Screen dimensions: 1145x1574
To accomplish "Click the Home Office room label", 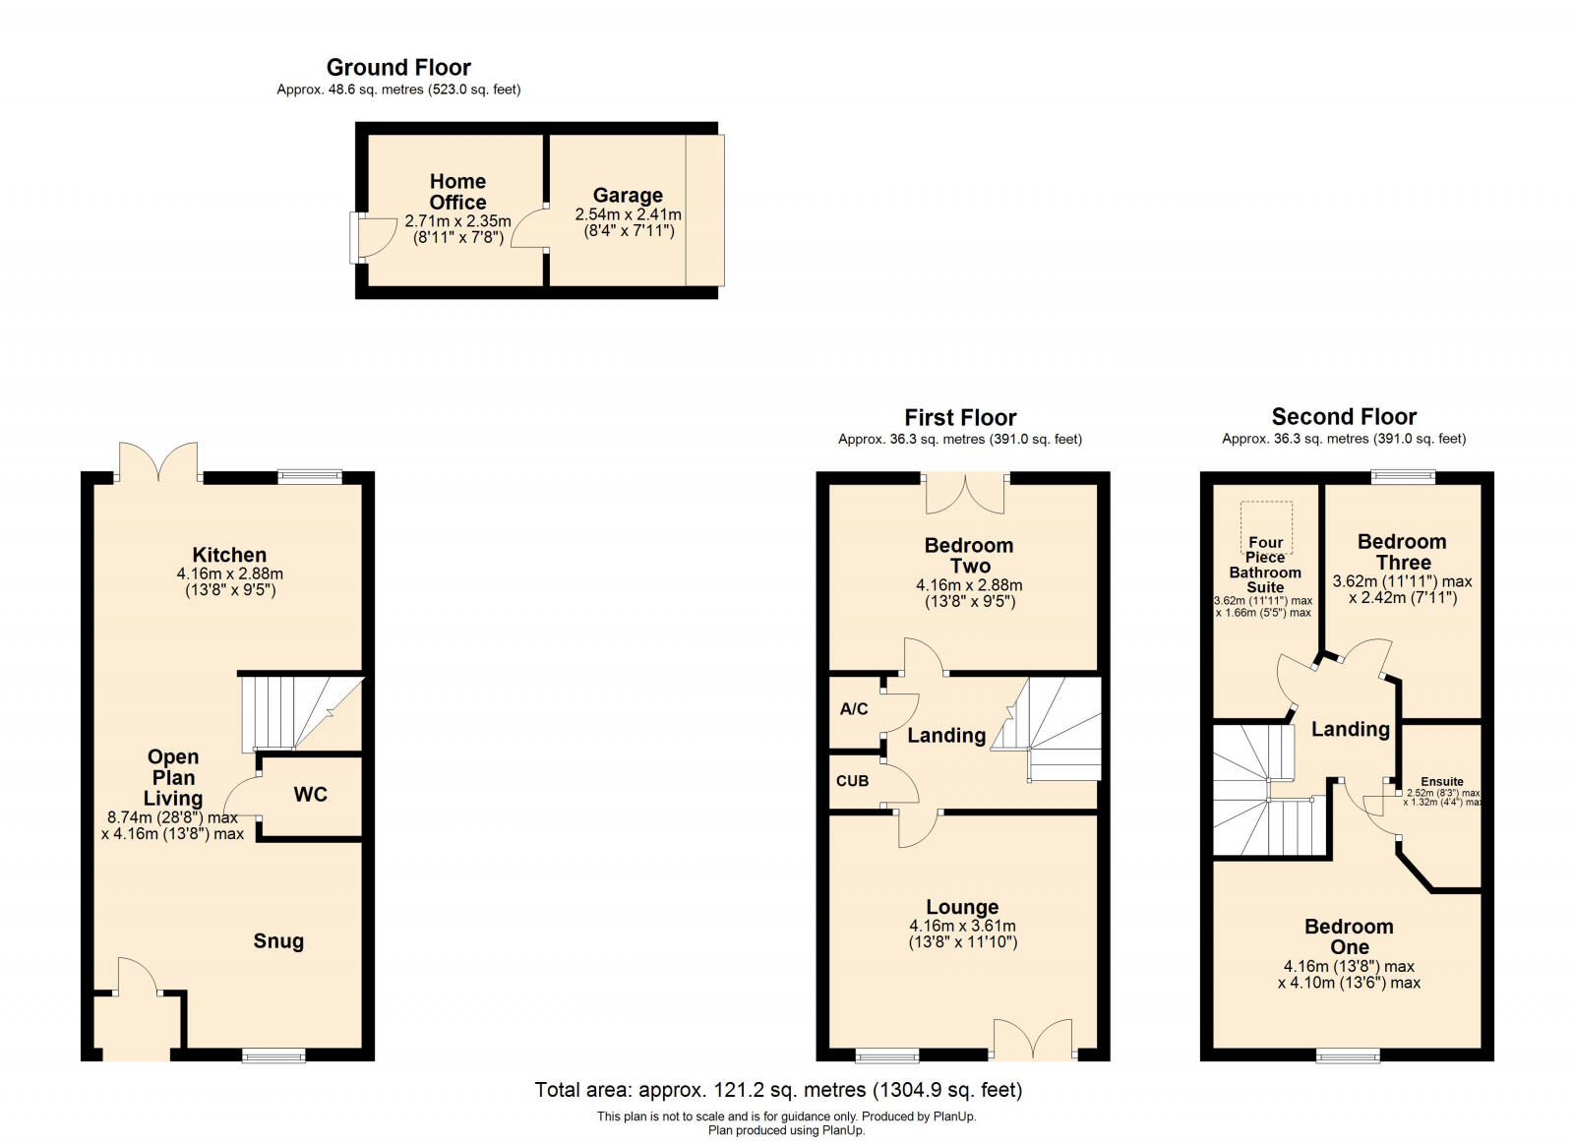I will pyautogui.click(x=457, y=192).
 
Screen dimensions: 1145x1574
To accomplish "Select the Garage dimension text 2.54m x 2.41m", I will pyautogui.click(x=628, y=214).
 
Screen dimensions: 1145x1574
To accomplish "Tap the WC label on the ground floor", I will pyautogui.click(x=310, y=795).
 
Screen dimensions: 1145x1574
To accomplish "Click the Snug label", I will pyautogui.click(x=278, y=941).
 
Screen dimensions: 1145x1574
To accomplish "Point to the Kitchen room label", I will pyautogui.click(x=229, y=555).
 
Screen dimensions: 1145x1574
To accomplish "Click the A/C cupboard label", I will pyautogui.click(x=854, y=709).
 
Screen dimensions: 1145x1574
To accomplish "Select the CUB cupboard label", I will pyautogui.click(x=852, y=781).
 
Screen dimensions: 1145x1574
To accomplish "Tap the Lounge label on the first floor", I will pyautogui.click(x=961, y=907).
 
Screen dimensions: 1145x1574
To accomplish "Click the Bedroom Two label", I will pyautogui.click(x=969, y=556).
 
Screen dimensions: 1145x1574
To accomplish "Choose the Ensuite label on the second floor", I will pyautogui.click(x=1441, y=782).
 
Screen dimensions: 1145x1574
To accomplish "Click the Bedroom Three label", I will pyautogui.click(x=1402, y=552).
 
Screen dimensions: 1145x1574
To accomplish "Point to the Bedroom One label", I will pyautogui.click(x=1349, y=936).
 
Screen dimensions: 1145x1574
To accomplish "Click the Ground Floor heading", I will pyautogui.click(x=398, y=68).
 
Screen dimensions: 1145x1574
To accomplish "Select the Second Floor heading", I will pyautogui.click(x=1344, y=417).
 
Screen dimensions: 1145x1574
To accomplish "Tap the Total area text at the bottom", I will pyautogui.click(x=778, y=1090).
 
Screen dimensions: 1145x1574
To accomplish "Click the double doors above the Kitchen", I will pyautogui.click(x=158, y=462).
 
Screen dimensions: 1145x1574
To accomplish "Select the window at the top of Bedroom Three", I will pyautogui.click(x=1404, y=477).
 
